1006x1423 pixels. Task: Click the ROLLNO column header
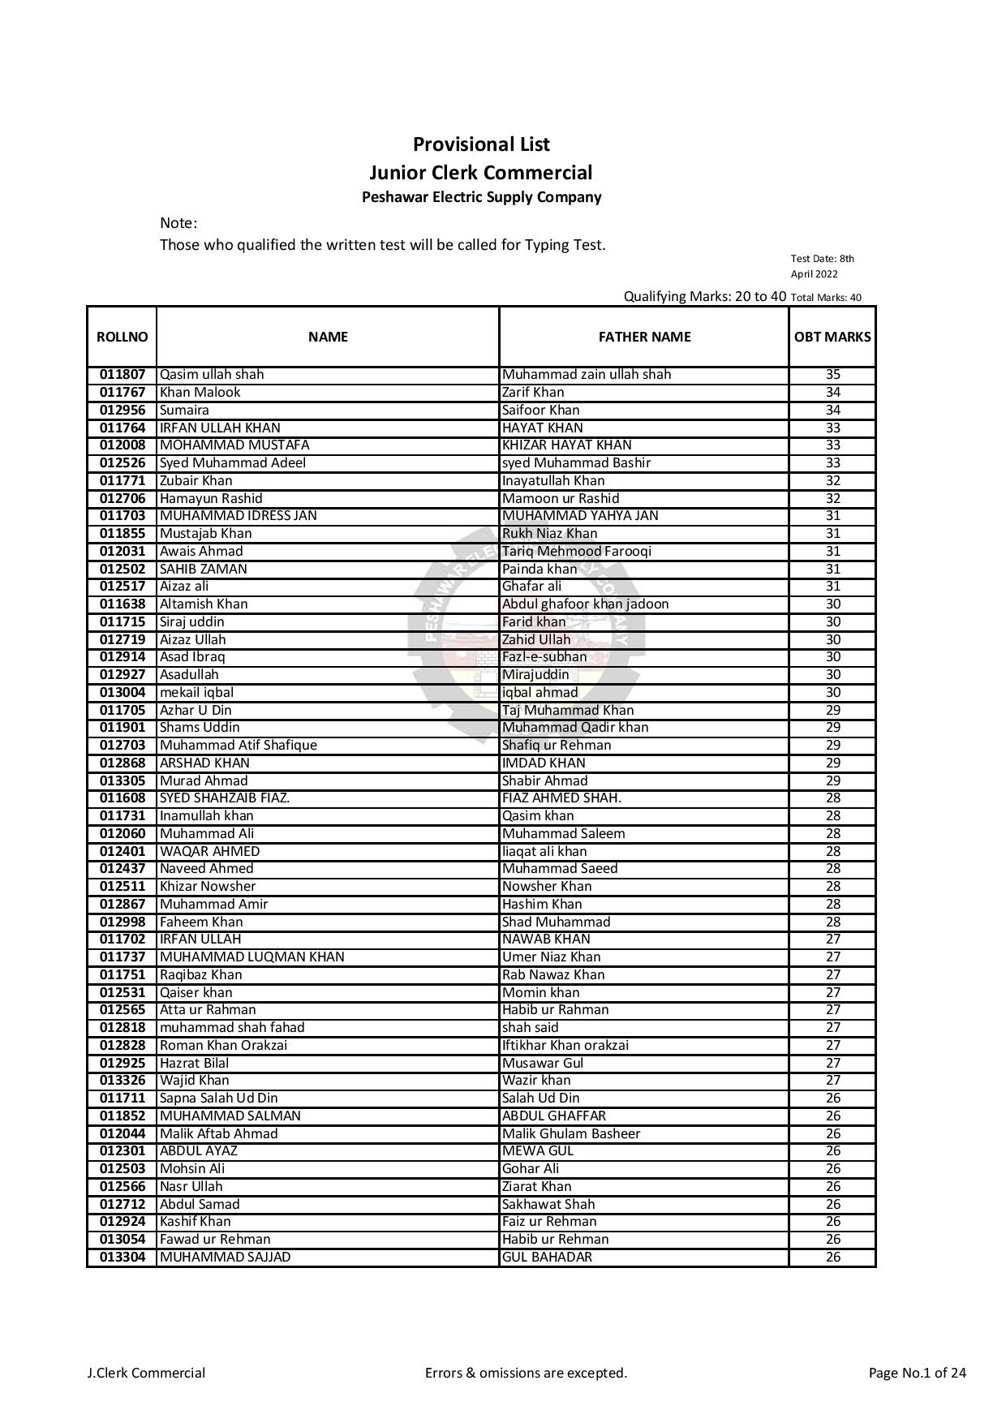pyautogui.click(x=122, y=337)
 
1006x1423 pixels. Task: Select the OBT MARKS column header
pyautogui.click(x=832, y=337)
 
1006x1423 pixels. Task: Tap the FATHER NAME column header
pyautogui.click(x=644, y=337)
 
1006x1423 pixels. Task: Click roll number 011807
pyautogui.click(x=123, y=375)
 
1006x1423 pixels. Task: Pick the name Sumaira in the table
pyautogui.click(x=184, y=410)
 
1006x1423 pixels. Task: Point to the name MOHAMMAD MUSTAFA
pyautogui.click(x=234, y=445)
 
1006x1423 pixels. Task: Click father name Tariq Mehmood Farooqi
pyautogui.click(x=577, y=551)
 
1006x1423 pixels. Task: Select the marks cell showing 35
pyautogui.click(x=832, y=375)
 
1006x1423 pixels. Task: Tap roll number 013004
pyautogui.click(x=123, y=692)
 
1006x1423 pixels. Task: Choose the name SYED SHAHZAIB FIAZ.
pyautogui.click(x=225, y=798)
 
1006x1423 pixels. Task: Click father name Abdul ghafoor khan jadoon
pyautogui.click(x=586, y=604)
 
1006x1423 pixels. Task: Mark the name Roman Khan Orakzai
pyautogui.click(x=223, y=1045)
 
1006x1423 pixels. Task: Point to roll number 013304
pyautogui.click(x=123, y=1257)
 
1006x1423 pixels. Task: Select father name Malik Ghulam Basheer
pyautogui.click(x=571, y=1133)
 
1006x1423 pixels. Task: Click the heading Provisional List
pyautogui.click(x=481, y=144)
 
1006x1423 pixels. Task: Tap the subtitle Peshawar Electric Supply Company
pyautogui.click(x=481, y=197)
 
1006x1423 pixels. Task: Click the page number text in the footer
pyautogui.click(x=917, y=1373)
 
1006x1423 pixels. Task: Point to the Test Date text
pyautogui.click(x=822, y=266)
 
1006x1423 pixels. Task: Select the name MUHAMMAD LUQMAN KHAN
pyautogui.click(x=251, y=957)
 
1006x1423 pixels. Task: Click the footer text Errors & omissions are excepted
pyautogui.click(x=526, y=1373)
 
